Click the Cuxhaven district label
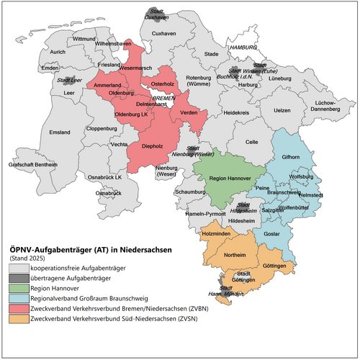(x=165, y=34)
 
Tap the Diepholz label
(x=153, y=146)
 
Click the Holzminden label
(x=216, y=235)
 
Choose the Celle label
(x=251, y=143)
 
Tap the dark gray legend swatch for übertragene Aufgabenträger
(x=18, y=277)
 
